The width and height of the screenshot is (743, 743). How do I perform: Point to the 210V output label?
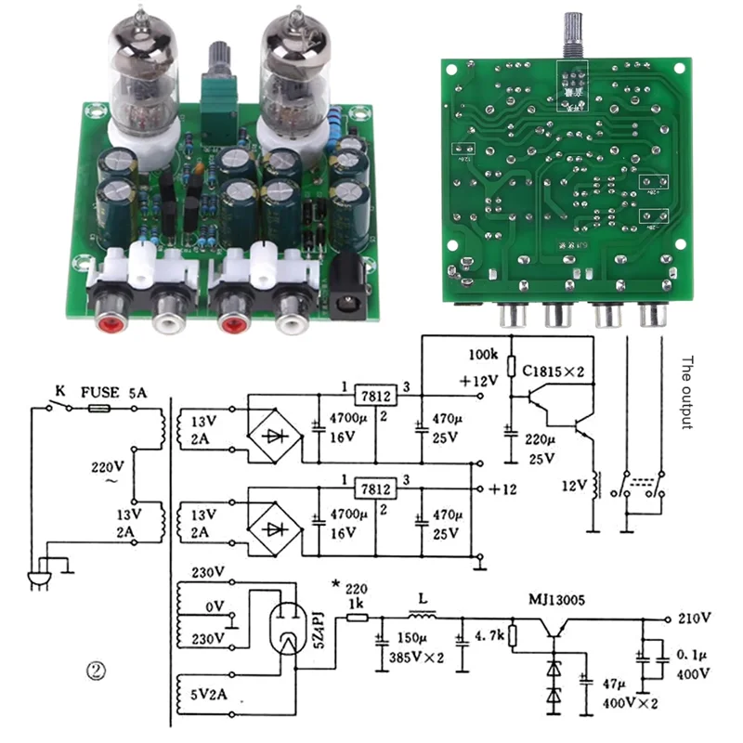[x=693, y=618]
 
